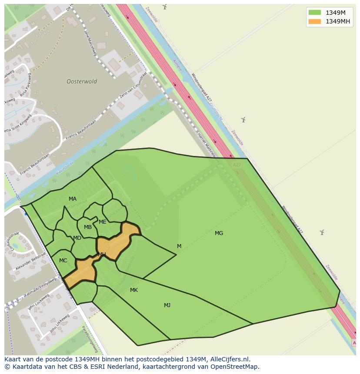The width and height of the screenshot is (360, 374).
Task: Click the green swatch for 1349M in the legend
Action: click(x=314, y=13)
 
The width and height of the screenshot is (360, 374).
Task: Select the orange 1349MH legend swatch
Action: click(x=314, y=21)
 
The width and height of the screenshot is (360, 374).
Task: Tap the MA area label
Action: click(x=73, y=199)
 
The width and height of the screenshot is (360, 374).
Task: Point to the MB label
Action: click(x=88, y=227)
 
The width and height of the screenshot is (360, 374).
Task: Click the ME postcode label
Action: click(x=103, y=222)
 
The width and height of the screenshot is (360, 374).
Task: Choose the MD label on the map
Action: click(x=77, y=238)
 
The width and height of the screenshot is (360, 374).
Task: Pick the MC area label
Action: click(x=63, y=261)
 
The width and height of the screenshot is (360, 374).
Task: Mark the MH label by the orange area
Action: click(x=102, y=255)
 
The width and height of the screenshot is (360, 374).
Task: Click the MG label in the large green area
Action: click(x=219, y=233)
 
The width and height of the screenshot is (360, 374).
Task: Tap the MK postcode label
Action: click(x=133, y=290)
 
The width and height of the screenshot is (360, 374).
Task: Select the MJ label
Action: click(x=167, y=305)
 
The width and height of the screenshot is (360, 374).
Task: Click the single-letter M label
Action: click(x=179, y=246)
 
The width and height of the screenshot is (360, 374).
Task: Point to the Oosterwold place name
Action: click(x=82, y=81)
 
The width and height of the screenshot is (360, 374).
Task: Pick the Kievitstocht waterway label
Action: click(x=65, y=169)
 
